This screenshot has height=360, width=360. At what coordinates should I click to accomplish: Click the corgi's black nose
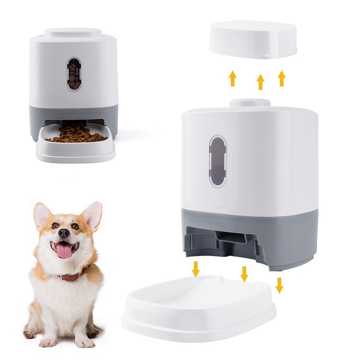coord(64,233)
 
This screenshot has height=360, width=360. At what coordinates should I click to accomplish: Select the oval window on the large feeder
coord(218,161)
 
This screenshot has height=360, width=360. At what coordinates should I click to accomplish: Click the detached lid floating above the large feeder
coord(253,40)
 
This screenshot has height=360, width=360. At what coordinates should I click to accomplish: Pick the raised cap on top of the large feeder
coord(250,102)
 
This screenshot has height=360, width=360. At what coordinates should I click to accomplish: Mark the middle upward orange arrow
coord(260,81)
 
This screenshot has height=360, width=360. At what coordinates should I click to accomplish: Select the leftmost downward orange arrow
coord(196,269)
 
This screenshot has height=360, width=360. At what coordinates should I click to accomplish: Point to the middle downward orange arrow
coord(244,274)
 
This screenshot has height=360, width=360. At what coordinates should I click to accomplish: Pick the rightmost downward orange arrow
coord(279,285)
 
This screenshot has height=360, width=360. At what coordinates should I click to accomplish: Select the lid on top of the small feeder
coord(73,33)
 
